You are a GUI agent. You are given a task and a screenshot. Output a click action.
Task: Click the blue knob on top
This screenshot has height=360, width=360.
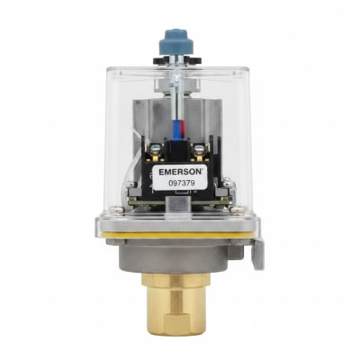click(176, 42)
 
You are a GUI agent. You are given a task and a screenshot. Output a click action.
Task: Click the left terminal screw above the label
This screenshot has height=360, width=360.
click(156, 148)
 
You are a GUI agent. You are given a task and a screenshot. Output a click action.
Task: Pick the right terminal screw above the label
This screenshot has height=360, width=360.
click(200, 148)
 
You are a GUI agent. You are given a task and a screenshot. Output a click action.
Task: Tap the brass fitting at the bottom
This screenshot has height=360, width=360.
click(176, 304)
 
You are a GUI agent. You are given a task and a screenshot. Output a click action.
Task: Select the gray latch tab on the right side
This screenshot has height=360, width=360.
click(257, 253)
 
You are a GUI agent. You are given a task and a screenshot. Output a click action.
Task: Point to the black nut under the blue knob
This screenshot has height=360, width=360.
click(176, 60)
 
